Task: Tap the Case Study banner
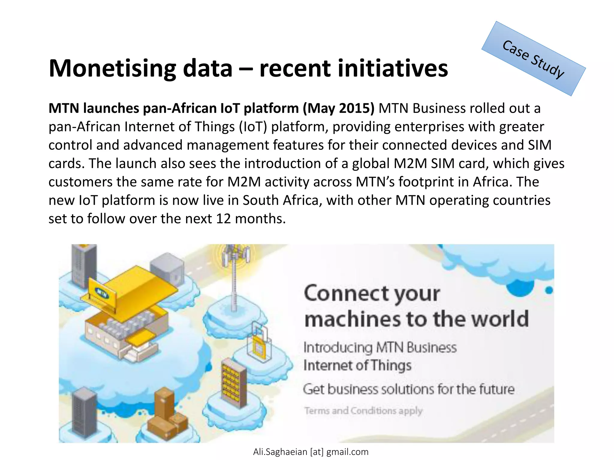point(534,59)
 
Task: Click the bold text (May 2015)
point(338,108)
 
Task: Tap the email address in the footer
point(311,452)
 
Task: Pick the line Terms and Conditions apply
point(363,411)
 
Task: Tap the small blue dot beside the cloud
point(549,290)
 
